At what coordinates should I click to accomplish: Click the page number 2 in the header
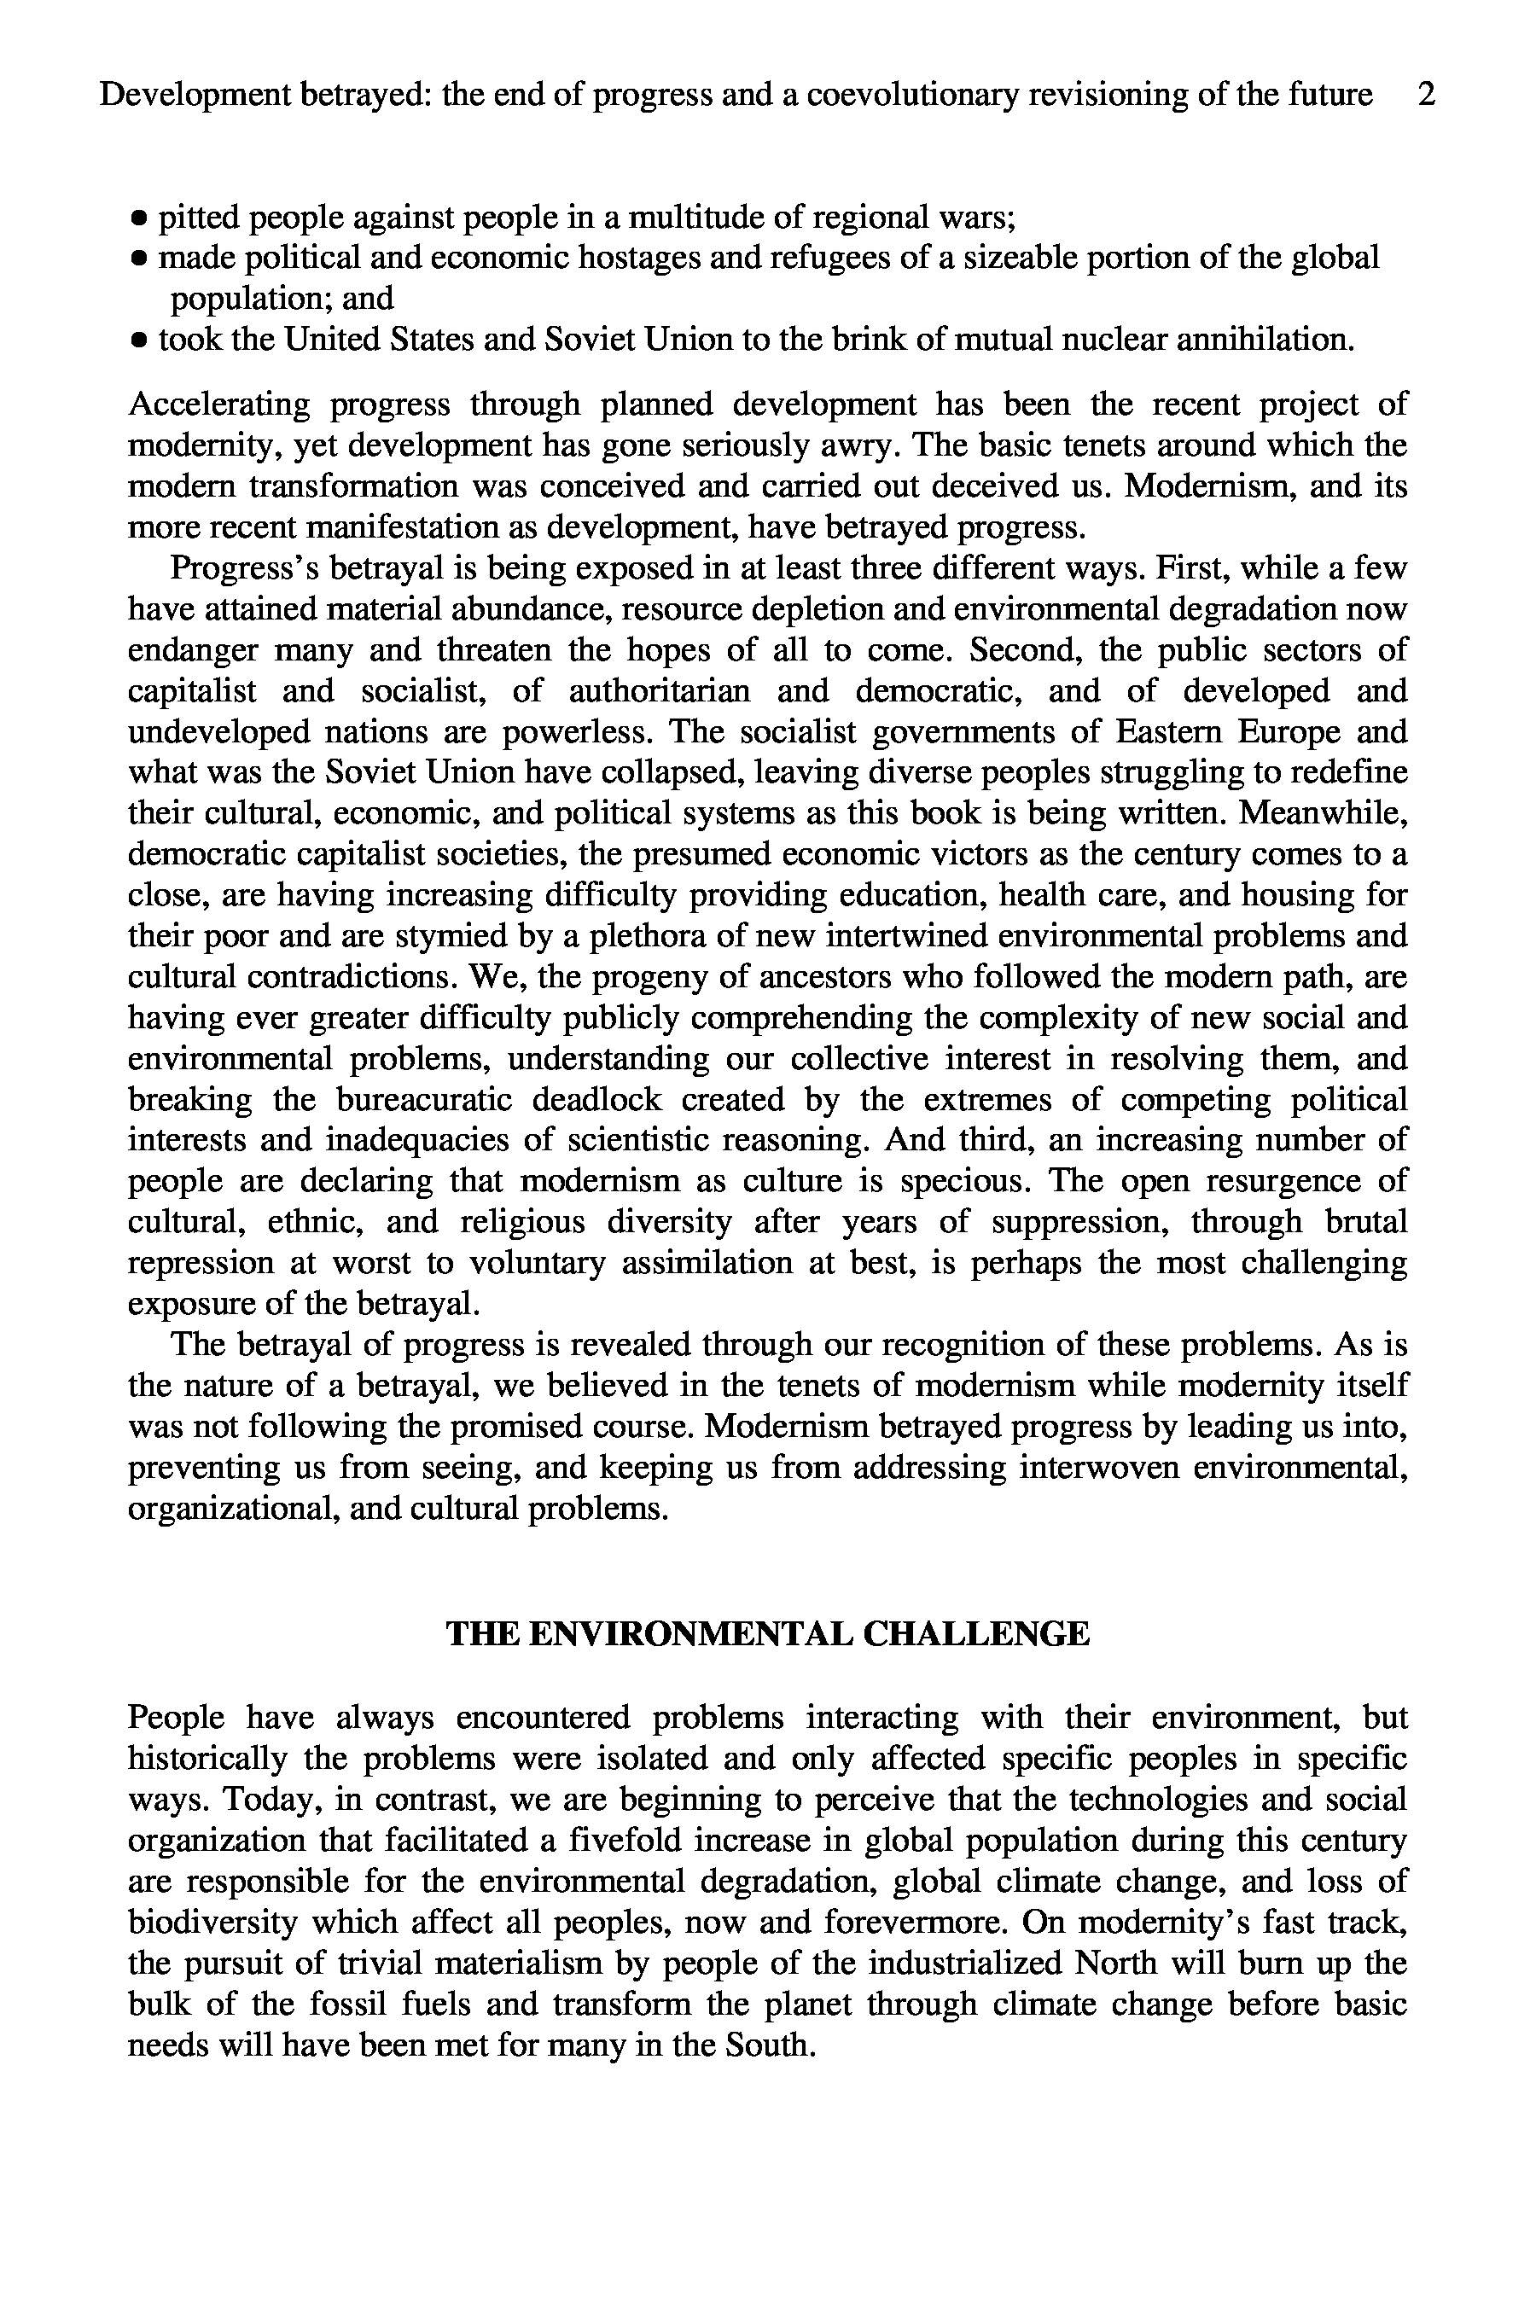click(x=1426, y=95)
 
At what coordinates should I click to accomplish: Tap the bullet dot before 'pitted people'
click(x=140, y=217)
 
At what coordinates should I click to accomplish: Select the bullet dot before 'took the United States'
click(x=140, y=340)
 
